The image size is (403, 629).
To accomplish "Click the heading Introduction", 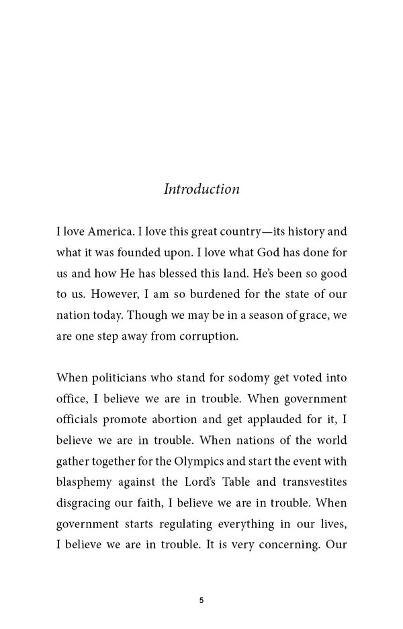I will [201, 189].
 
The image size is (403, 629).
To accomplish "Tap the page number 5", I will [201, 601].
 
